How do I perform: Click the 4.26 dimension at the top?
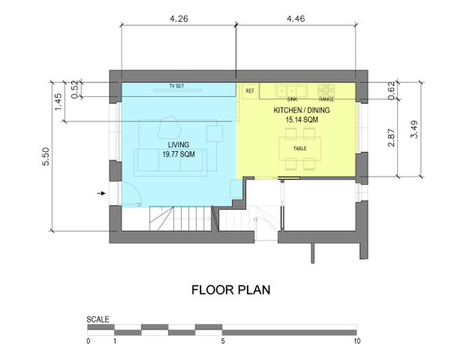[x=179, y=19]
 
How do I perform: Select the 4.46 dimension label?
[x=296, y=19]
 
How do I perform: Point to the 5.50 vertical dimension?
[x=46, y=157]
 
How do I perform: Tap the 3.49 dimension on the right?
[x=414, y=129]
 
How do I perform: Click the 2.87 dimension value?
[x=392, y=138]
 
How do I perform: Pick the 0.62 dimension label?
[x=392, y=91]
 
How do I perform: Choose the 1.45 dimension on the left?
[x=58, y=102]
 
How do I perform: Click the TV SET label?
[x=177, y=86]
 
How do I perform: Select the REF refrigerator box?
[x=251, y=91]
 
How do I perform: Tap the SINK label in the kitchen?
[x=292, y=99]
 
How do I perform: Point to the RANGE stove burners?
[x=327, y=90]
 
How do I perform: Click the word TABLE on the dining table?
[x=300, y=148]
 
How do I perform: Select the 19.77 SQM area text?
[x=179, y=154]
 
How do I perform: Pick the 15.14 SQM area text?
[x=302, y=120]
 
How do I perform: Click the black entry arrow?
[x=101, y=193]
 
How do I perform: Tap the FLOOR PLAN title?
[x=231, y=290]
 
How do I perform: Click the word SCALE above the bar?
[x=98, y=319]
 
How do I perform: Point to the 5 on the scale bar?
[x=222, y=341]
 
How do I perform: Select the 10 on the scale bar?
[x=356, y=341]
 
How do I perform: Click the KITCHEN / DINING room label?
[x=302, y=110]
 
